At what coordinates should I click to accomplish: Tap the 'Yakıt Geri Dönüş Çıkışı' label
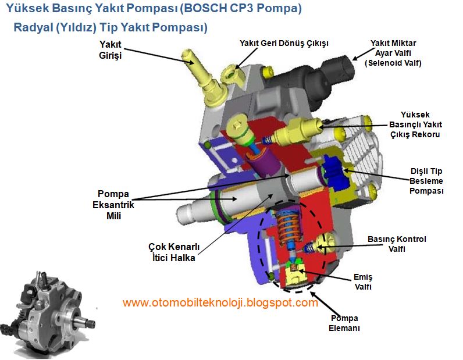point(284,44)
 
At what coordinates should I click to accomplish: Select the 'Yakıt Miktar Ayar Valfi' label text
point(393,53)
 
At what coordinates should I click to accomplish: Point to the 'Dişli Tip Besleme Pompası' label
point(427,181)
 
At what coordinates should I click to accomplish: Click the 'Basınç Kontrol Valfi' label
point(397,244)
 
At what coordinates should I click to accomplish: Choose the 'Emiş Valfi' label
point(362,281)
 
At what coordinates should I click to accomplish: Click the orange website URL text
point(220,303)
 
